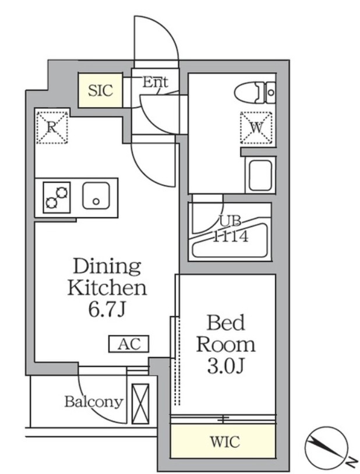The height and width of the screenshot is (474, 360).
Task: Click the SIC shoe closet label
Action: point(101,90)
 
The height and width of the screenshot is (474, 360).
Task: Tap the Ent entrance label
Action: point(155,82)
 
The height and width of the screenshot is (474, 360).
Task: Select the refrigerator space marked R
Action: point(52,126)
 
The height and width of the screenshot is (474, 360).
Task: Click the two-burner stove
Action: point(57,197)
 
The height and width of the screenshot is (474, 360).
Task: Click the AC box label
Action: point(129,344)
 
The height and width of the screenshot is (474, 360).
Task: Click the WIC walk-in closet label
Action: point(224,441)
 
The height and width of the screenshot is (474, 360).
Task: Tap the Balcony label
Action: point(94,401)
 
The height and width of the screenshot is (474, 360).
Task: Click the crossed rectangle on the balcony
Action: point(140,404)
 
